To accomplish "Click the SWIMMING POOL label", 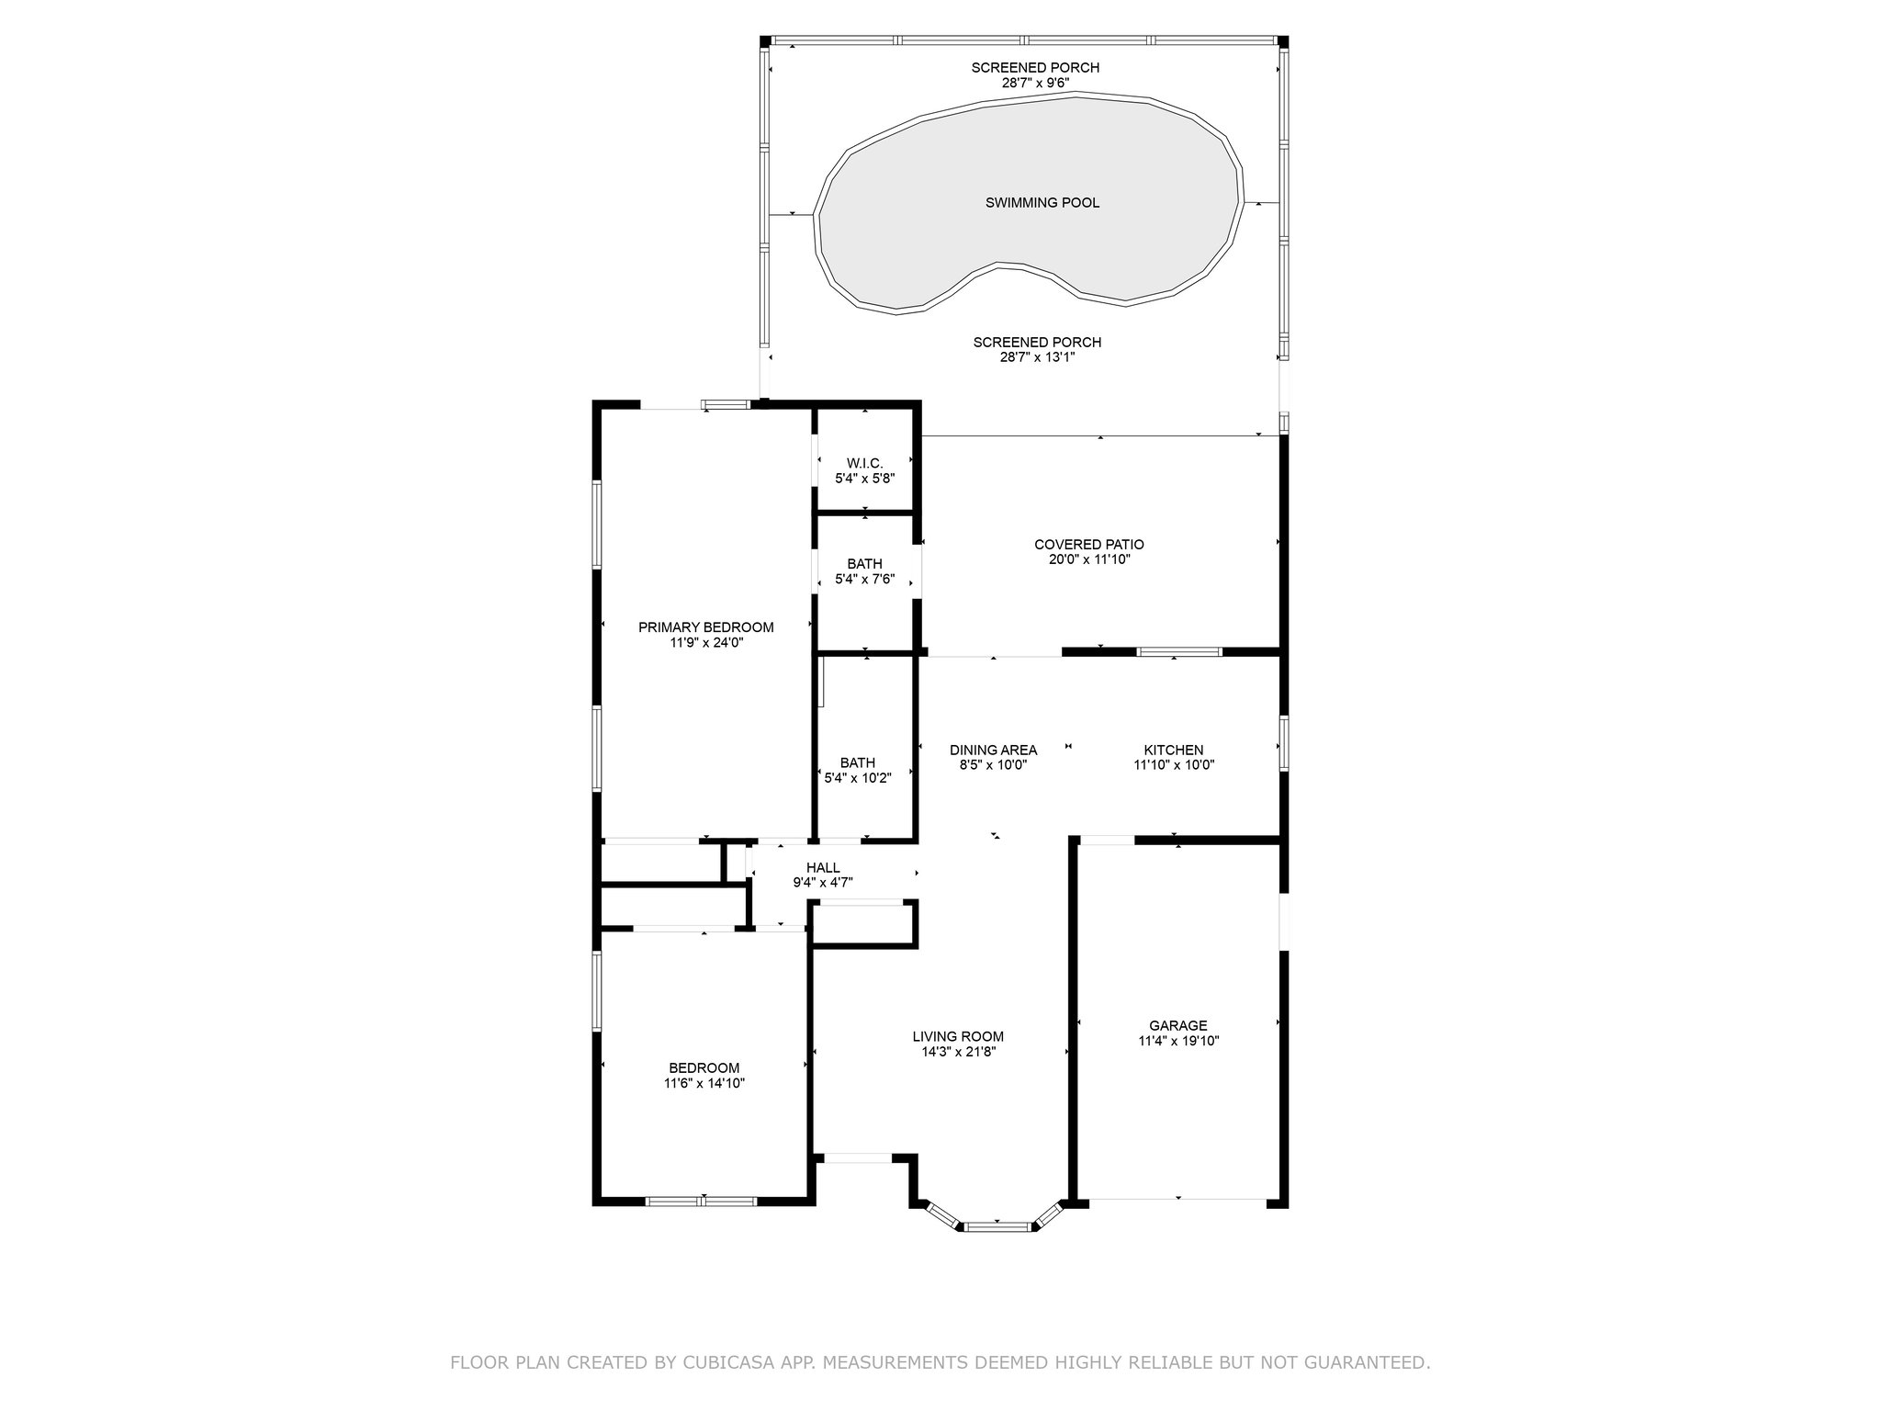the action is (1042, 203).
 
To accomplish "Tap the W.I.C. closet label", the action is (864, 464).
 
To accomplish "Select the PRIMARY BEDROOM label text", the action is (706, 627).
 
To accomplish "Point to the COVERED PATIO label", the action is (1089, 545).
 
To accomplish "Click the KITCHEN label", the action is (1174, 751).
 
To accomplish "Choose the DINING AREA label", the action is (994, 751).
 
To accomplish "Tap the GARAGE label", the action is (1178, 1026).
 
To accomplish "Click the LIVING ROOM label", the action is (958, 1037).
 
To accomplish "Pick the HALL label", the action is (823, 868).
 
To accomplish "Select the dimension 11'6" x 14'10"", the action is (704, 1083).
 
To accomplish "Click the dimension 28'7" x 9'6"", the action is (1035, 83).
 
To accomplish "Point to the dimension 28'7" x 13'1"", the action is (1037, 357).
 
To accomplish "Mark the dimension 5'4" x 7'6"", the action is (864, 579).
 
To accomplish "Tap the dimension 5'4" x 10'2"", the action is (858, 777).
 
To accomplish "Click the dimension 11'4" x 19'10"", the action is (1178, 1041).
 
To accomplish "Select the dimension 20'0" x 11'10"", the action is (1089, 559).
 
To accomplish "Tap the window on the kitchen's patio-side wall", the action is (1179, 652).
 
